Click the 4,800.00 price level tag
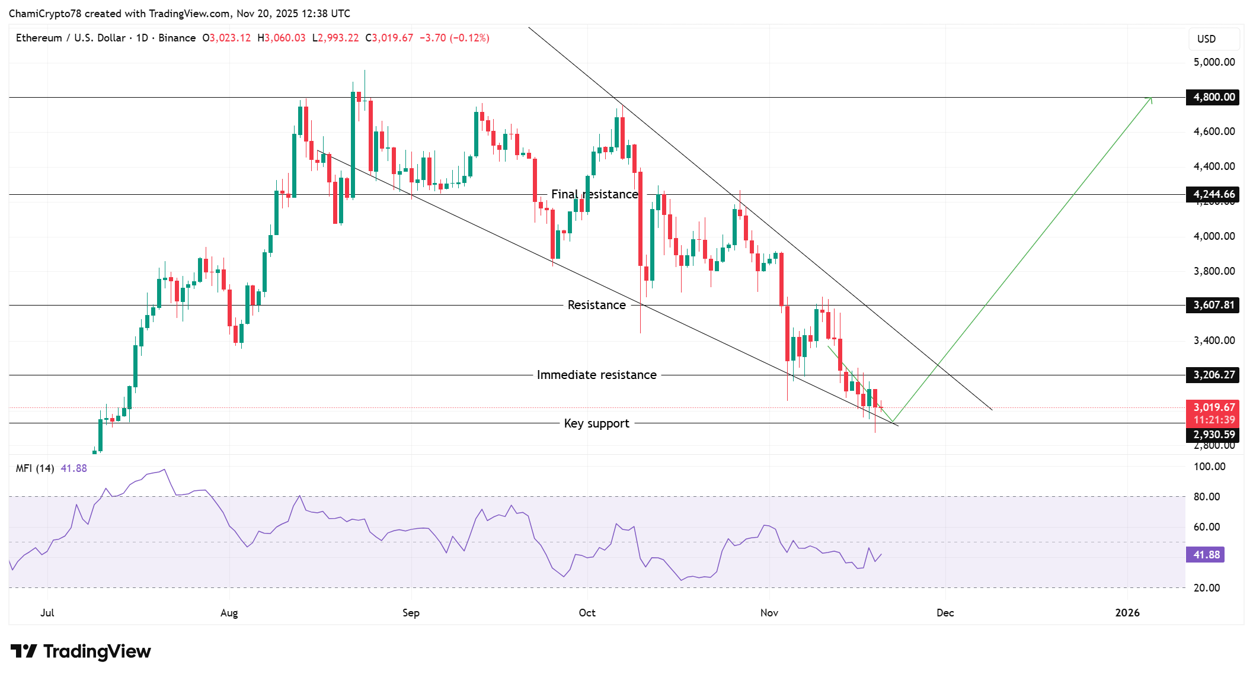pyautogui.click(x=1213, y=97)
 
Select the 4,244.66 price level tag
pyautogui.click(x=1213, y=194)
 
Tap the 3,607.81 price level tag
pyautogui.click(x=1213, y=305)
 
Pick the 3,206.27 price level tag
pyautogui.click(x=1213, y=375)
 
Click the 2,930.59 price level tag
pyautogui.click(x=1213, y=435)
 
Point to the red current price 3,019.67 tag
pyautogui.click(x=1213, y=407)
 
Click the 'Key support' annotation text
pyautogui.click(x=596, y=423)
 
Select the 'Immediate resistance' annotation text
pyautogui.click(x=596, y=375)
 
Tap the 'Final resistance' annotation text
pyautogui.click(x=594, y=194)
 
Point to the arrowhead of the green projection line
pyautogui.click(x=1150, y=99)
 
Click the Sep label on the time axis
pyautogui.click(x=411, y=613)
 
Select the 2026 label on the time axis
pyautogui.click(x=1127, y=613)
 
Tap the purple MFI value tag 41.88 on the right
pyautogui.click(x=1206, y=555)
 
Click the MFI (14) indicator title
pyautogui.click(x=35, y=468)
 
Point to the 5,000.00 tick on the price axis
pyautogui.click(x=1213, y=62)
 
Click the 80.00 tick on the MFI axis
pyautogui.click(x=1206, y=497)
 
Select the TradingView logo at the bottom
pyautogui.click(x=81, y=651)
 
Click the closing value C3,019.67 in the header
pyautogui.click(x=389, y=38)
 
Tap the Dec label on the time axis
pyautogui.click(x=945, y=613)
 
